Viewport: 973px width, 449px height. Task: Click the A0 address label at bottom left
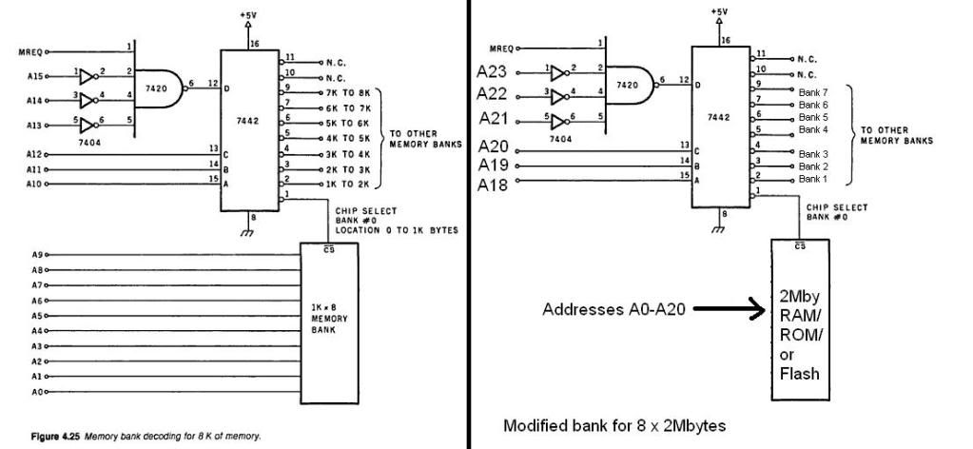[x=35, y=391]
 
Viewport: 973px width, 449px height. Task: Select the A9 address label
[x=35, y=255]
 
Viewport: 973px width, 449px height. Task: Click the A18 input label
[x=495, y=185]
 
